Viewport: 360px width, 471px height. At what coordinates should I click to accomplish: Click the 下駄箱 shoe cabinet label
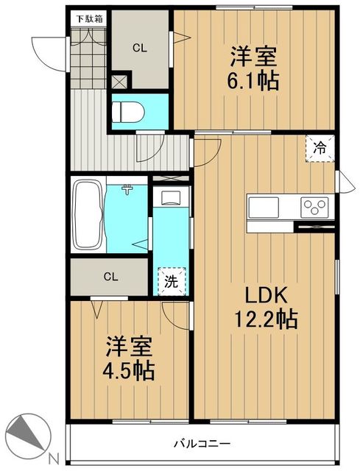[x=90, y=19]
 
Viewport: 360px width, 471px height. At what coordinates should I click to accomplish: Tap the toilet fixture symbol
[x=127, y=112]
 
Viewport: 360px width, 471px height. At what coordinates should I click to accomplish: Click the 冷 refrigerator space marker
[x=320, y=149]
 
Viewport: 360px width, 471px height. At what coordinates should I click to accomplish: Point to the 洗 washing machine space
[x=172, y=282]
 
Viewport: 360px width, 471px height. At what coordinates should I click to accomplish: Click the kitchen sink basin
[x=264, y=208]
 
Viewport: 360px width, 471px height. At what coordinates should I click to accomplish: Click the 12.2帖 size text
[x=266, y=319]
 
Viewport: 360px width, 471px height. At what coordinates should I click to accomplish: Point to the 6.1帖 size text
[x=253, y=81]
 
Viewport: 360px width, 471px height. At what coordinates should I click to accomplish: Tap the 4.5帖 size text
[x=129, y=371]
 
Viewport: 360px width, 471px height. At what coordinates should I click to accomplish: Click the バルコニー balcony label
[x=202, y=443]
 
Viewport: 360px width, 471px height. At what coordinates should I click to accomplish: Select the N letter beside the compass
[x=54, y=458]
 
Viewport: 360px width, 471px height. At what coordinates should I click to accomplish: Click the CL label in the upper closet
[x=140, y=48]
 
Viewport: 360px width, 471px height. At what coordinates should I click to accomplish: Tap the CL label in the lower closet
[x=110, y=277]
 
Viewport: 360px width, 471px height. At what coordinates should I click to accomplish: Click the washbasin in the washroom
[x=171, y=198]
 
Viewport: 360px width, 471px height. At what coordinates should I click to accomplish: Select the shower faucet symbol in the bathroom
[x=127, y=190]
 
